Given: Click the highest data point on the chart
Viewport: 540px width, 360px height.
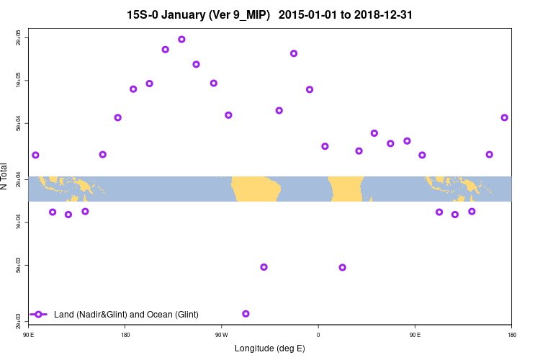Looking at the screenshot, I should coord(181,40).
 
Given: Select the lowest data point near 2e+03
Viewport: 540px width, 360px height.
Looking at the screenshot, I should coord(246,314).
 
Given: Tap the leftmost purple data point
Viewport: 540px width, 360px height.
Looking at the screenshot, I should coord(35,156).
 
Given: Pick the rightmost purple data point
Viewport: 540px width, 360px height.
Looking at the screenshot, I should coord(505,117).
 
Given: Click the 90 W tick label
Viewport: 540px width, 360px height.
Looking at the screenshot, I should coord(221,335).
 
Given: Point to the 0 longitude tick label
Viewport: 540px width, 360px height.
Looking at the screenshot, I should coord(318,335).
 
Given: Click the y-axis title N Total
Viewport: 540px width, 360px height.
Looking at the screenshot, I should coord(5,176).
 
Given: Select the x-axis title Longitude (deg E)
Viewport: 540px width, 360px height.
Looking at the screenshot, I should coord(270,348).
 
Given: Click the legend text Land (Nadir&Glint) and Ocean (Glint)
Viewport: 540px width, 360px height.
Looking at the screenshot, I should coord(126,315).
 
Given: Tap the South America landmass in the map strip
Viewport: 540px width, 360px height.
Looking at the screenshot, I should coord(256,189).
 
